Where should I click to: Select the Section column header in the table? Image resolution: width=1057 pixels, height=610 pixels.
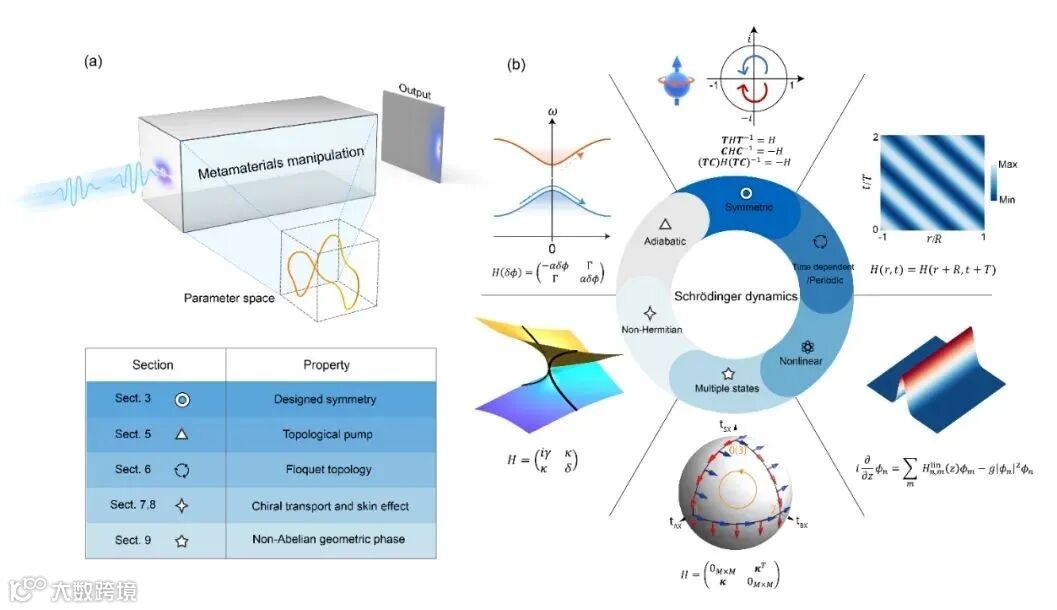pos(154,365)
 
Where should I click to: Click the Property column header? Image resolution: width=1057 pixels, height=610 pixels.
pos(328,365)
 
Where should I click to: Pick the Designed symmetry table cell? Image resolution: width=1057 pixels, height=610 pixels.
pos(328,400)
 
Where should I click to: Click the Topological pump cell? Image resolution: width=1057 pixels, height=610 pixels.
pos(328,435)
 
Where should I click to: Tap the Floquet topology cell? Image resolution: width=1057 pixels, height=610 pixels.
pos(328,470)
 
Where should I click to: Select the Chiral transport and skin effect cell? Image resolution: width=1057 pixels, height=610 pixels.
pos(328,505)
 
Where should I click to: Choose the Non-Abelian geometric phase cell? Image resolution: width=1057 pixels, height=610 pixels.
pos(328,539)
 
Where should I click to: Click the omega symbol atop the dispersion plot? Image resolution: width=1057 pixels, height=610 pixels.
pos(553,108)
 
